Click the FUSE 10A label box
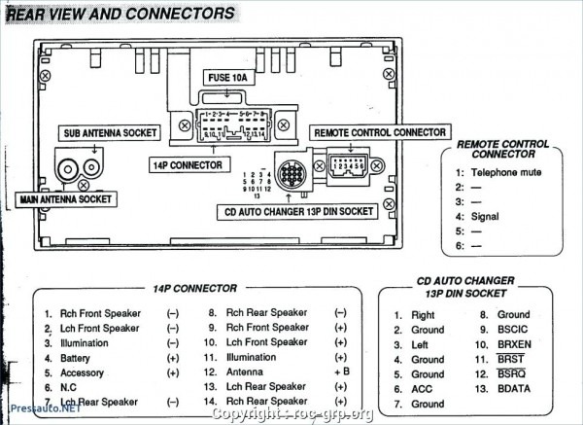coord(225,77)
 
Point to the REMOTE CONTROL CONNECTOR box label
coord(379,131)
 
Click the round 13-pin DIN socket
coord(291,174)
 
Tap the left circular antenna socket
coord(68,170)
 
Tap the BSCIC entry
coord(514,330)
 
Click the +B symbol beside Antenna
coord(341,372)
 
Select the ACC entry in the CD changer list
coord(422,388)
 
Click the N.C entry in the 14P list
coord(68,387)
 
